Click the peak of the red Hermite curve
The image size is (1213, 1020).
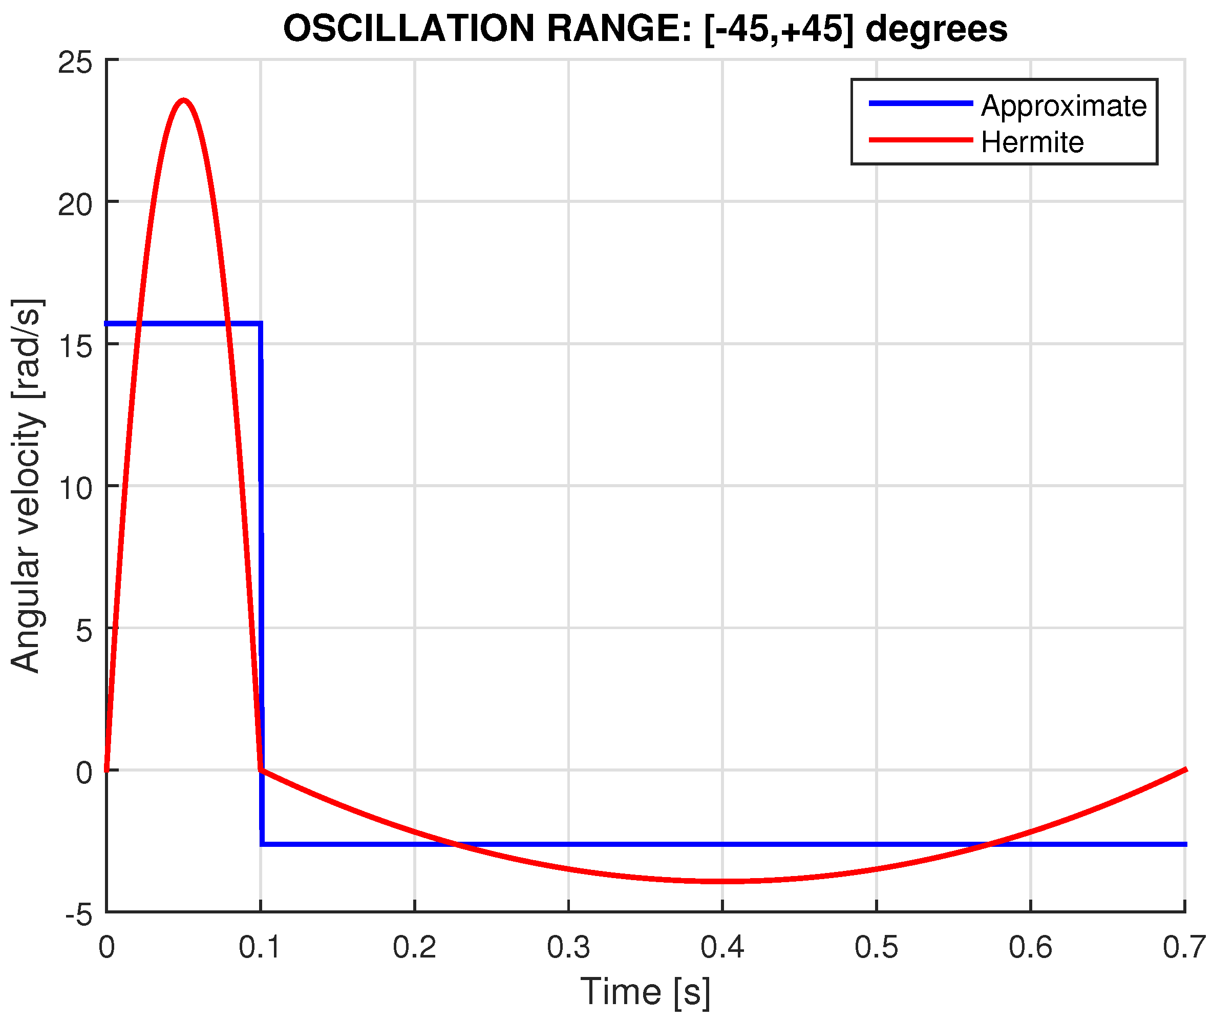[x=184, y=100]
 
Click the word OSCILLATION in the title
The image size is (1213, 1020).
[x=409, y=29]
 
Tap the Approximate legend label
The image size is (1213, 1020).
[x=1063, y=106]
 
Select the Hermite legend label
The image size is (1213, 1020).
[x=1032, y=142]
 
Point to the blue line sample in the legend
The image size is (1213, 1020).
[x=921, y=103]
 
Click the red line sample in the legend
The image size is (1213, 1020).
[x=921, y=140]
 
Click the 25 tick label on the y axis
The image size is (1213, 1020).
[x=75, y=63]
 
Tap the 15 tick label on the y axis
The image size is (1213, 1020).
[x=75, y=346]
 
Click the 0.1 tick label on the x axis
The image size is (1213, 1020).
[x=260, y=947]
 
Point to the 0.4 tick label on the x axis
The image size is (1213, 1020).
[x=722, y=947]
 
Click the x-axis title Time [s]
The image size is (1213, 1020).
[x=645, y=991]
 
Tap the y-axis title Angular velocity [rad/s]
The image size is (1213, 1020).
[x=27, y=486]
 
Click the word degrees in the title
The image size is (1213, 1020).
[x=936, y=29]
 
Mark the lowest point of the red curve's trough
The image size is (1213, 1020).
[x=722, y=881]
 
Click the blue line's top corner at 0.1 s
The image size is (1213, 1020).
[x=261, y=323]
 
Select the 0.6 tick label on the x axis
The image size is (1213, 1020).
[x=1030, y=947]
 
